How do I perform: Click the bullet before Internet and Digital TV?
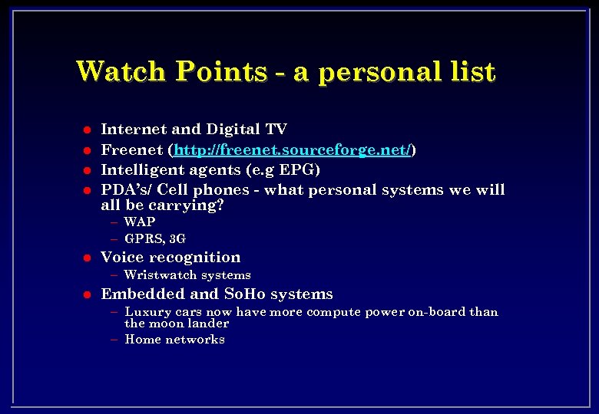click(87, 130)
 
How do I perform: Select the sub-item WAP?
click(140, 222)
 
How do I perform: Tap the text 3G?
click(177, 238)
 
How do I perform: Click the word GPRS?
click(144, 238)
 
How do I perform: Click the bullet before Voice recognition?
click(87, 258)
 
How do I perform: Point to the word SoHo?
click(241, 294)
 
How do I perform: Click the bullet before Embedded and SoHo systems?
click(87, 294)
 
